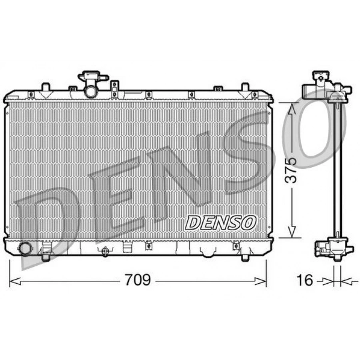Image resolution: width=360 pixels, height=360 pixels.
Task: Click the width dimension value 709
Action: [138, 280]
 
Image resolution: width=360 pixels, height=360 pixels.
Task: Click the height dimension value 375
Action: [290, 170]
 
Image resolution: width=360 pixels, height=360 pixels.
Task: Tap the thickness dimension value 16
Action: [305, 280]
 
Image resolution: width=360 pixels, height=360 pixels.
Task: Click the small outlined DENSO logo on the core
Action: [220, 223]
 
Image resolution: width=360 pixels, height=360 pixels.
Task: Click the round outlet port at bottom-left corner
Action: [25, 249]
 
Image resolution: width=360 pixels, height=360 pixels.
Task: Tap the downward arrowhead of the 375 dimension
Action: [292, 231]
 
